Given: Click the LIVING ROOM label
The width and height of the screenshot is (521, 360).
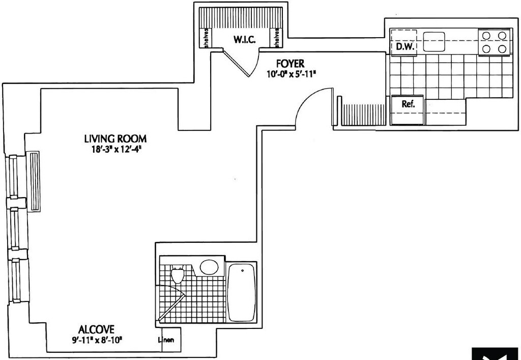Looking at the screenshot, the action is (115, 139).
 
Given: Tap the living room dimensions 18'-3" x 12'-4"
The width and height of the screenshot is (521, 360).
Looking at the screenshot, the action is (115, 149).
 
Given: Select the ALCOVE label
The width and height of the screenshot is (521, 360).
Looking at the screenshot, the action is (96, 329).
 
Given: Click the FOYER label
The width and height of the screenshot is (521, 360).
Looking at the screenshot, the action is (290, 64).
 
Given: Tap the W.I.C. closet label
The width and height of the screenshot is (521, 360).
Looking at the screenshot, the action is (244, 40).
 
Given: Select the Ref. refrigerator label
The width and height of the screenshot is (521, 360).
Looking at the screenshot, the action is (408, 104).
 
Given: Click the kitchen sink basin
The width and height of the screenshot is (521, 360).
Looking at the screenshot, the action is (434, 42).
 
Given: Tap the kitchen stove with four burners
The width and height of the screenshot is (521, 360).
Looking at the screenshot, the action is (494, 42).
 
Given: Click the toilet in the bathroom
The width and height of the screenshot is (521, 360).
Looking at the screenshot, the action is (178, 275).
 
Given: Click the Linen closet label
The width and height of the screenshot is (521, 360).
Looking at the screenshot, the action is (168, 340).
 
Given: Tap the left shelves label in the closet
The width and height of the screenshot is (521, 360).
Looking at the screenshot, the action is (206, 37).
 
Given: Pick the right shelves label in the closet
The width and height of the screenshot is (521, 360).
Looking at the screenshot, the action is (277, 37).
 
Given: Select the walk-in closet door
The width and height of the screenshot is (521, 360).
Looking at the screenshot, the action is (238, 64).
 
